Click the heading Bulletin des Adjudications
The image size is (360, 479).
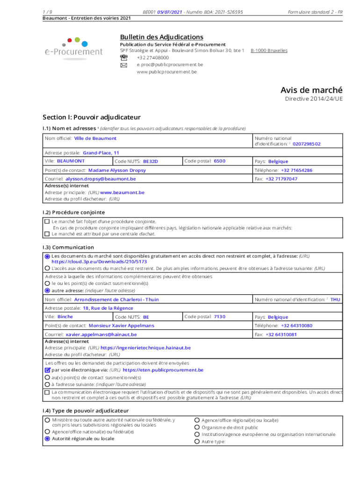pyautogui.click(x=161, y=37)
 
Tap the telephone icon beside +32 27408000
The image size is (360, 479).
pyautogui.click(x=124, y=57)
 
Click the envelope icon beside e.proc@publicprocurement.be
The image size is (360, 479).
pyautogui.click(x=124, y=65)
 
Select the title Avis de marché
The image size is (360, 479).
pyautogui.click(x=311, y=90)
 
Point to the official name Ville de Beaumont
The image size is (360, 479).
pyautogui.click(x=95, y=138)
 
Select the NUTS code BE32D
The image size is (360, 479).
pyautogui.click(x=151, y=161)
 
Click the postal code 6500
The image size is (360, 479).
pyautogui.click(x=219, y=161)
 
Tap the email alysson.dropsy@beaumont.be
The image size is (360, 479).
pyautogui.click(x=101, y=179)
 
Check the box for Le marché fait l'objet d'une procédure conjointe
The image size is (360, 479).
pyautogui.click(x=47, y=221)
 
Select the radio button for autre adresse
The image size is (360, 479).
pyautogui.click(x=47, y=290)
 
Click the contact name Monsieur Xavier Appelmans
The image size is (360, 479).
pyautogui.click(x=121, y=326)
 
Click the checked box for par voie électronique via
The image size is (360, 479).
pyautogui.click(x=47, y=370)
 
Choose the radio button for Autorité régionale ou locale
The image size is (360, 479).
pyautogui.click(x=47, y=439)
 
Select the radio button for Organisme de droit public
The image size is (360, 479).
pyautogui.click(x=197, y=427)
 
